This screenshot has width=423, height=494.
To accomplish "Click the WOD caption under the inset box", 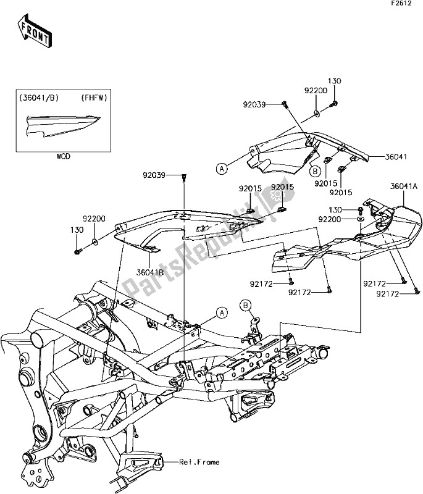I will pos(63,157).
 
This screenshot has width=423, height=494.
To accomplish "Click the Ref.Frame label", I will pos(196,461).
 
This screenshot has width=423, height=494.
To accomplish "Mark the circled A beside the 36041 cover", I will pos(220,167).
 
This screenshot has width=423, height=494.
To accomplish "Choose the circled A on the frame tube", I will pos(219,312).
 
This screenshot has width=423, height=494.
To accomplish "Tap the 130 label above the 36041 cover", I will pos(334,81).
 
